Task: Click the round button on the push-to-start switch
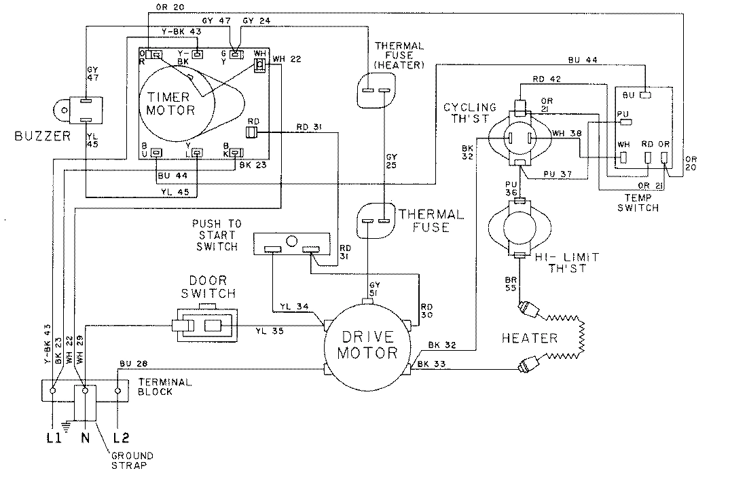tap(291, 241)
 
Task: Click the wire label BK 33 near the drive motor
tap(432, 365)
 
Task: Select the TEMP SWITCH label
tap(638, 203)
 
